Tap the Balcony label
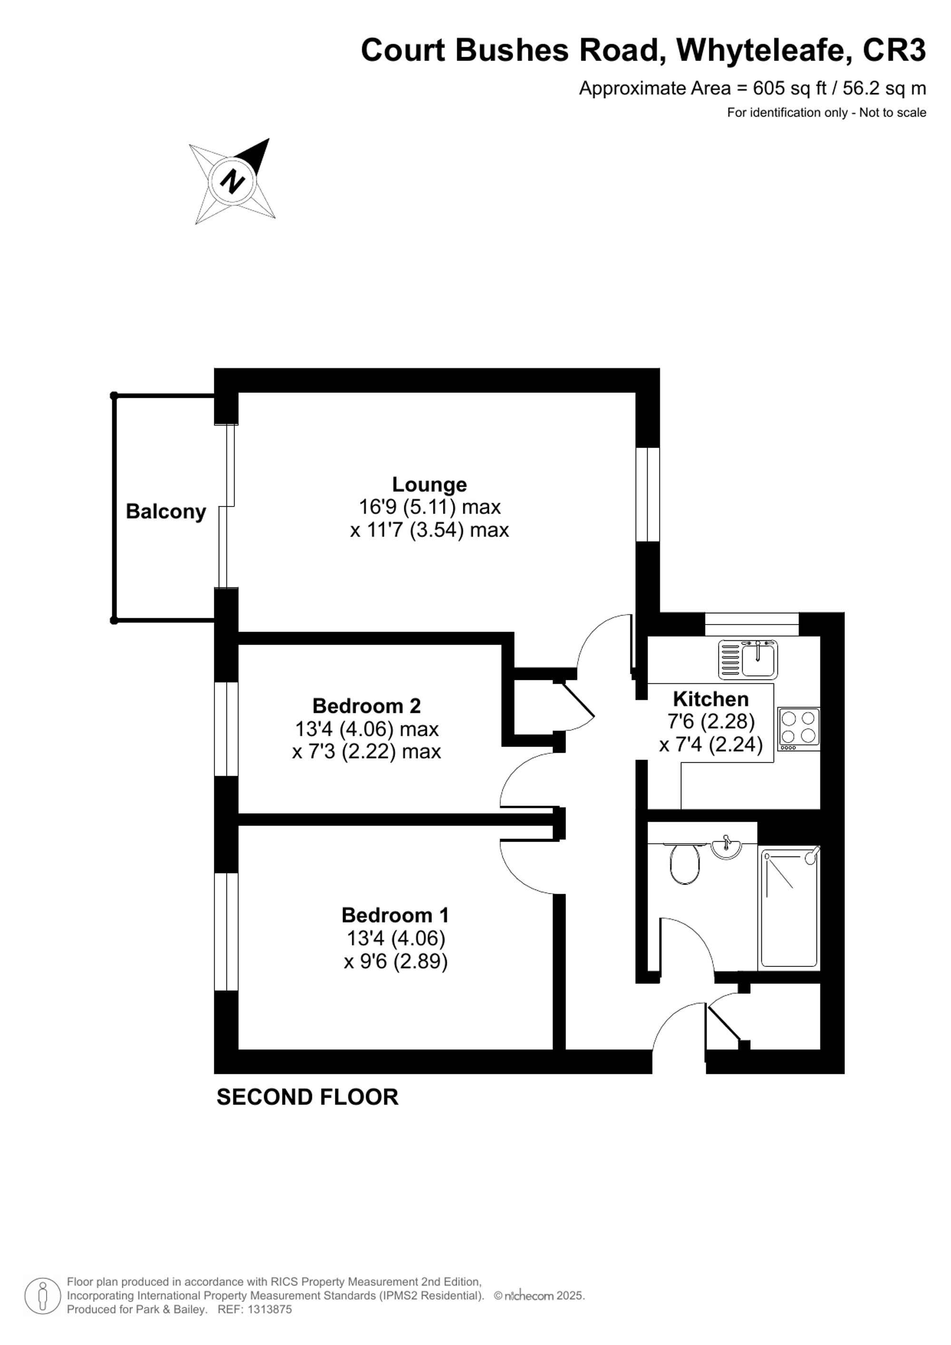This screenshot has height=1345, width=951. [x=166, y=511]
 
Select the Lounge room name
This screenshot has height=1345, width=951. [x=429, y=485]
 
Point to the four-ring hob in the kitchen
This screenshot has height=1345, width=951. [x=799, y=729]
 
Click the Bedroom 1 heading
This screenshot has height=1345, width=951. [x=395, y=915]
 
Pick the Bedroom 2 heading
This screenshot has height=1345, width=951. [x=367, y=706]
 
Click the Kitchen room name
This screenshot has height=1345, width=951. [x=711, y=699]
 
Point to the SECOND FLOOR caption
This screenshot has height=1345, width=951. [x=308, y=1097]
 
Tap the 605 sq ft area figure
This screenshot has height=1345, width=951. [x=789, y=88]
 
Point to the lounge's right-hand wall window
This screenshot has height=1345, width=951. [x=648, y=495]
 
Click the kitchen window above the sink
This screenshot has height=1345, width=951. [x=751, y=624]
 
